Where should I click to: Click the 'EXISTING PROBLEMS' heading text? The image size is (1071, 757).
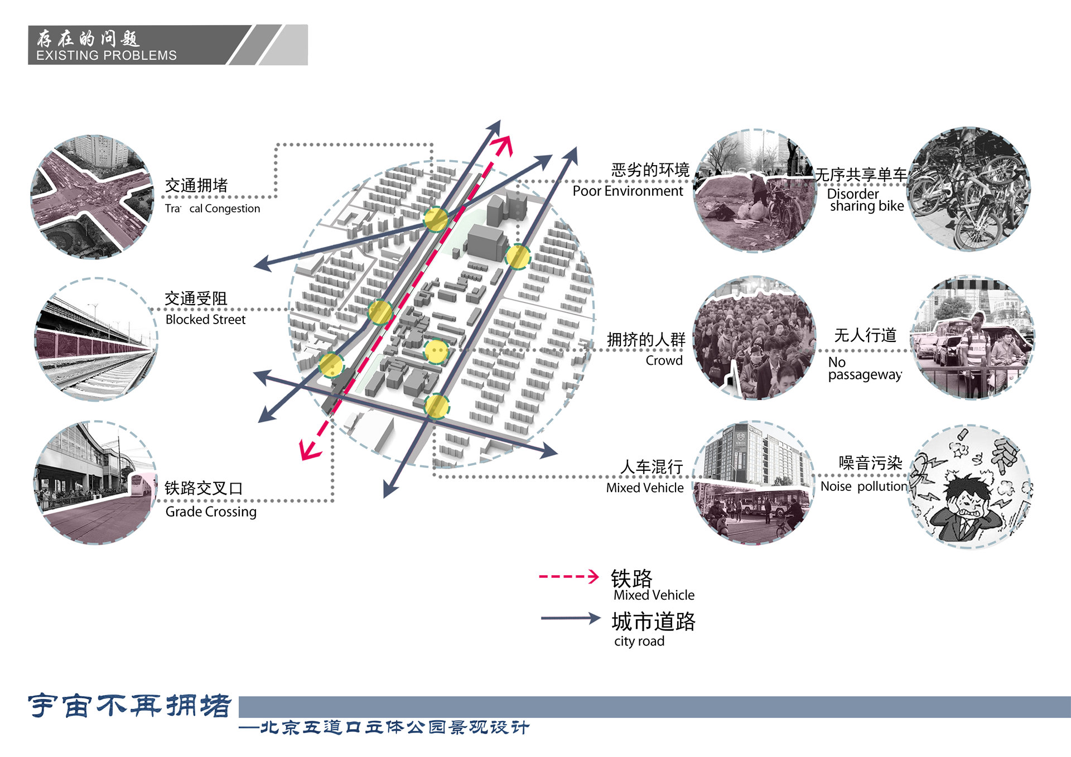pyautogui.click(x=106, y=55)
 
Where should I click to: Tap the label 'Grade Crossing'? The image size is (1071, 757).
pyautogui.click(x=211, y=512)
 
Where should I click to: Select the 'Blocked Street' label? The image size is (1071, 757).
pyautogui.click(x=205, y=320)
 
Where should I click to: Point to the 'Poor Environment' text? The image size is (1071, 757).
pyautogui.click(x=628, y=191)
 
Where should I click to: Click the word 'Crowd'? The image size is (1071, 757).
pyautogui.click(x=664, y=360)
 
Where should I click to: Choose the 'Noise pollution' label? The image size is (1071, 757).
pyautogui.click(x=863, y=486)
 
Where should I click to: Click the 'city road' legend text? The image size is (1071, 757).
pyautogui.click(x=639, y=641)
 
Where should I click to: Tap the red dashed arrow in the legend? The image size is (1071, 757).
pyautogui.click(x=568, y=576)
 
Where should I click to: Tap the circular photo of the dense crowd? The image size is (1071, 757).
pyautogui.click(x=754, y=338)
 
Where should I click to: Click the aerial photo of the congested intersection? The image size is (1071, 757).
pyautogui.click(x=93, y=197)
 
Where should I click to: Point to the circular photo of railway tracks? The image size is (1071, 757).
pyautogui.click(x=96, y=339)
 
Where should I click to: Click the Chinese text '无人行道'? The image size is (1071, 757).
pyautogui.click(x=865, y=335)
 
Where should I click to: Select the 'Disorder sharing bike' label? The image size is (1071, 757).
pyautogui.click(x=865, y=200)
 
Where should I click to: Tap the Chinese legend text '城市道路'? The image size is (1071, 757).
pyautogui.click(x=653, y=621)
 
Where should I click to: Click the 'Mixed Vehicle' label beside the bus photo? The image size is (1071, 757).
pyautogui.click(x=645, y=488)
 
